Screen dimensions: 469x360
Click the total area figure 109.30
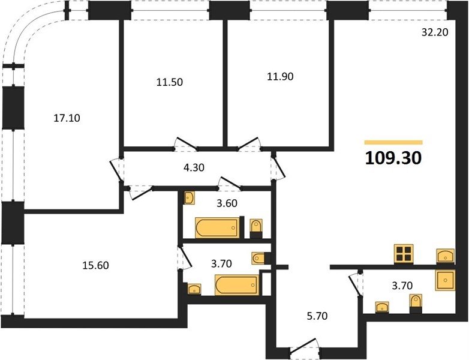click(393, 158)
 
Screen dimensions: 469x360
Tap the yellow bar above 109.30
click(393, 142)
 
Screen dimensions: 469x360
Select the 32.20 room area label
click(435, 32)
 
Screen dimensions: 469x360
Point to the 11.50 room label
click(170, 82)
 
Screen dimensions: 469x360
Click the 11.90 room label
click(280, 77)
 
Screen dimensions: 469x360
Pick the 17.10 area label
click(67, 118)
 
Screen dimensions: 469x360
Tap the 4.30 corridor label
click(194, 167)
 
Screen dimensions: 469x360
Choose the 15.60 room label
click(96, 265)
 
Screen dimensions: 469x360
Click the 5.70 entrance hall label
click(317, 316)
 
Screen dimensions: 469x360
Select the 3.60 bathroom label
click(227, 203)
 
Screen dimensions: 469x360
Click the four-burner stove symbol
click(404, 254)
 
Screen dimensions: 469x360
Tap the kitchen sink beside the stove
click(446, 256)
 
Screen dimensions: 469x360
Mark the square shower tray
click(446, 280)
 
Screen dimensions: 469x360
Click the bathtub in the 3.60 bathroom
click(218, 228)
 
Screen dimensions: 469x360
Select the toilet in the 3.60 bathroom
click(256, 229)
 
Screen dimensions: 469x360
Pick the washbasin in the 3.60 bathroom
click(189, 198)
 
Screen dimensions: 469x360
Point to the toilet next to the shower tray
click(416, 304)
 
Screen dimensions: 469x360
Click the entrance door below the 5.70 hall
click(303, 347)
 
